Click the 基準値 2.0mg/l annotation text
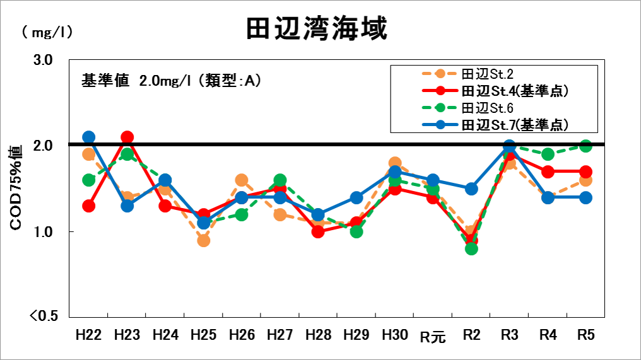[171, 81]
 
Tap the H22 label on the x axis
[88, 335]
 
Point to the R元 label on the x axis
[433, 336]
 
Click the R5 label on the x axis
[586, 335]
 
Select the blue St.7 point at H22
[89, 137]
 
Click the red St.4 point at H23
[127, 137]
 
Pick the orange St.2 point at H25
[203, 240]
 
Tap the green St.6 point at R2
[471, 248]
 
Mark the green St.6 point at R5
[586, 146]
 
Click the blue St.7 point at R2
[471, 189]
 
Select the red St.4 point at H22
[89, 206]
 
